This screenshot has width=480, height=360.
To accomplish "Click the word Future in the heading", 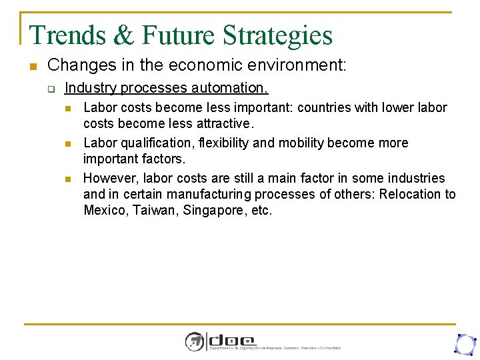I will [176, 35].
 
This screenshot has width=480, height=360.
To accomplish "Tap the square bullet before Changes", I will [32, 66].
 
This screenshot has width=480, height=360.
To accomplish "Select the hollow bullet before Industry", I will [51, 88].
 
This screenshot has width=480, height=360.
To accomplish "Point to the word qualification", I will [154, 143].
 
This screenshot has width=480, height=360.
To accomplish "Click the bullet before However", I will [69, 179].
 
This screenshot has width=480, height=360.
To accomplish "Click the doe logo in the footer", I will [220, 341].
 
